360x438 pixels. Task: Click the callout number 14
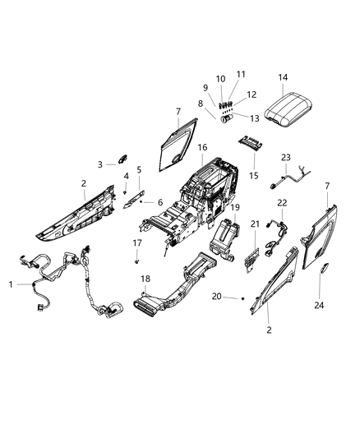point(283,78)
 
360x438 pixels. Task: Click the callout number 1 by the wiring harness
point(11,284)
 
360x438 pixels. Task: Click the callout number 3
point(100,164)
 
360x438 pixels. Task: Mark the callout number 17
point(137,242)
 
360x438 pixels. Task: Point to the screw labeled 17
point(137,260)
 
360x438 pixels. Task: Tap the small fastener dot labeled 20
point(242,299)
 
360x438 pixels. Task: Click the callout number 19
point(235,208)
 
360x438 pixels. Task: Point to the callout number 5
point(140,170)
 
